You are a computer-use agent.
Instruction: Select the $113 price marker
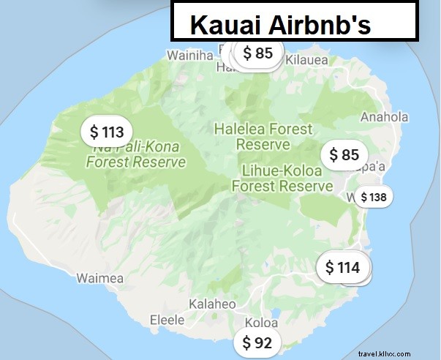[x=106, y=132]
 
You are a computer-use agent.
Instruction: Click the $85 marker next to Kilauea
[x=257, y=53]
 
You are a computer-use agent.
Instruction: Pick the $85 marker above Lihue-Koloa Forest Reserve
[x=344, y=154]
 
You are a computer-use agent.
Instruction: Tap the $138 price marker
[x=373, y=197]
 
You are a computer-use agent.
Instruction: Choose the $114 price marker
[x=342, y=268]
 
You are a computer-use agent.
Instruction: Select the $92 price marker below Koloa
[x=257, y=342]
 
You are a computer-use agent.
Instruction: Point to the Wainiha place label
[x=190, y=55]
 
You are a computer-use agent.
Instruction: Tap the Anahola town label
[x=384, y=116]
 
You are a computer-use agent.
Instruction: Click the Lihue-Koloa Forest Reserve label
[x=282, y=178]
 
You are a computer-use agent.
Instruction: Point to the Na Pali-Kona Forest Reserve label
[x=136, y=154]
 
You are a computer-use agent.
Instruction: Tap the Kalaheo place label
[x=213, y=304]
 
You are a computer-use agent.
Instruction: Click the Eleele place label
[x=168, y=320]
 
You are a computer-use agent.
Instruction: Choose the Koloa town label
[x=261, y=322]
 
